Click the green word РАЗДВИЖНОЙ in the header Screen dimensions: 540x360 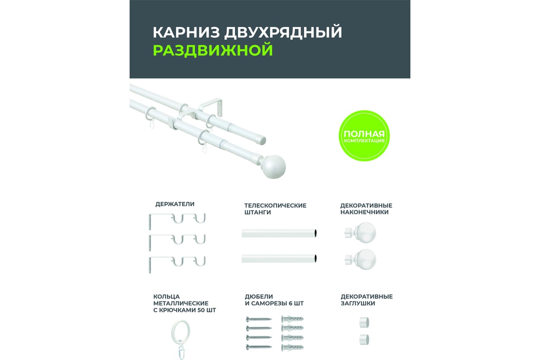pyautogui.click(x=213, y=50)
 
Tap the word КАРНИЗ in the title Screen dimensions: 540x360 pyautogui.click(x=186, y=32)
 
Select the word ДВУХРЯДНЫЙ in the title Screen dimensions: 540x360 pyautogui.click(x=283, y=32)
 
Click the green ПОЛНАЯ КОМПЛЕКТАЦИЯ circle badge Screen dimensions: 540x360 pyautogui.click(x=364, y=136)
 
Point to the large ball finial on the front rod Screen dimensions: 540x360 pyautogui.click(x=274, y=167)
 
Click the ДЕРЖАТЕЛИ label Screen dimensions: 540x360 pyautogui.click(x=175, y=204)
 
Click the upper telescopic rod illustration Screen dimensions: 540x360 pyautogui.click(x=279, y=233)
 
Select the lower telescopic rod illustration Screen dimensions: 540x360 pyautogui.click(x=279, y=258)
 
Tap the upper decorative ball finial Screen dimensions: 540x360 pyautogui.click(x=360, y=233)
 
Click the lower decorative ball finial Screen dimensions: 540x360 pyautogui.click(x=360, y=260)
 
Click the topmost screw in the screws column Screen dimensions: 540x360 pyautogui.click(x=259, y=319)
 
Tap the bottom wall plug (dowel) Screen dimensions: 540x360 pyautogui.click(x=292, y=347)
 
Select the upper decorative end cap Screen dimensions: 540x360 pyautogui.click(x=364, y=322)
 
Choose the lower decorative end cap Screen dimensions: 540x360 pyautogui.click(x=364, y=339)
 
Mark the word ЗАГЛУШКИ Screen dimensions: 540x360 pyautogui.click(x=358, y=303)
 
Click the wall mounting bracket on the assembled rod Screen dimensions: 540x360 pyautogui.click(x=210, y=106)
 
